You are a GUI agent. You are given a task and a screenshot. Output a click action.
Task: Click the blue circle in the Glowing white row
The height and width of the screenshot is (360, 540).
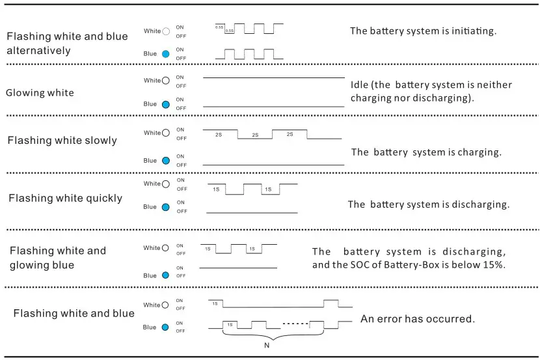coord(165,104)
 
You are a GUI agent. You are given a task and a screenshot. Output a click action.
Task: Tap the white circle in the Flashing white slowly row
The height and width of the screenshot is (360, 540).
coord(165,133)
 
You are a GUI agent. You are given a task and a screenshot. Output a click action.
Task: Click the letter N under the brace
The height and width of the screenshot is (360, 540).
coord(266,346)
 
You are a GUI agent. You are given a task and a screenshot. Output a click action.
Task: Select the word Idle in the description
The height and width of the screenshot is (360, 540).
coord(360,85)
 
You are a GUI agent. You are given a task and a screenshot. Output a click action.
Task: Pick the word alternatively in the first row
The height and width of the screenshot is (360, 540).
coord(38,50)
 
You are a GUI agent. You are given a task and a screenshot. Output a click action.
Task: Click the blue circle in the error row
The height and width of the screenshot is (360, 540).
coord(165,327)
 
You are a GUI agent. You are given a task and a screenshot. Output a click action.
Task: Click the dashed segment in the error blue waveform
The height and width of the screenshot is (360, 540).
coord(296,323)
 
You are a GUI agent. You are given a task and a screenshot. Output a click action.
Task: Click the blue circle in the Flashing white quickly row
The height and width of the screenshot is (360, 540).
coord(165,207)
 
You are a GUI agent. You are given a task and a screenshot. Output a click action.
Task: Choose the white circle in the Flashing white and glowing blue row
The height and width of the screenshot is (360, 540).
coord(165,248)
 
